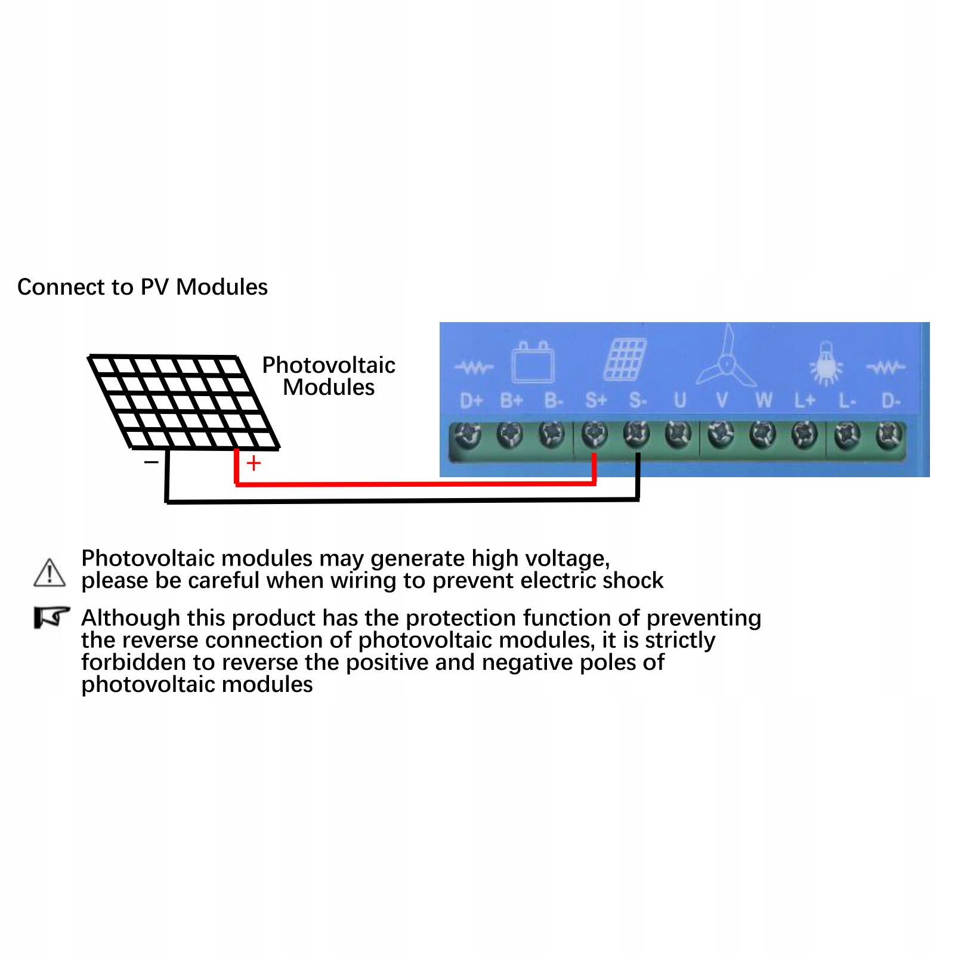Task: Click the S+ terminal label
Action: pos(596,400)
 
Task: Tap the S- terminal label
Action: pos(638,400)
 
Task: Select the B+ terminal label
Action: pos(511,400)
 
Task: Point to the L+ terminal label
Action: pos(805,400)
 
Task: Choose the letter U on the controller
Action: pos(680,400)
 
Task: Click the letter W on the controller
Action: pos(764,400)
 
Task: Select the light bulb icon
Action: pos(826,363)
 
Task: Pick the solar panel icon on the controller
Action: pos(625,360)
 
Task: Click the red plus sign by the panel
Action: pos(254,463)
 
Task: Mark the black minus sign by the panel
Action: pos(152,462)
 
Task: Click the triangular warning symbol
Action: pos(50,573)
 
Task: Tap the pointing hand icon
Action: pos(51,617)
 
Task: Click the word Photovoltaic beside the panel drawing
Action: pos(329,365)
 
